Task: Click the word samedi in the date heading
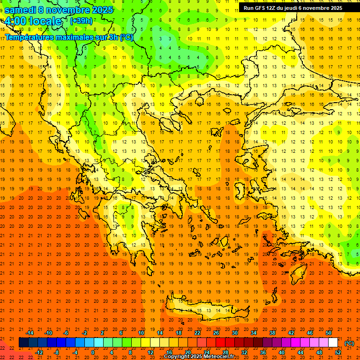(x=21, y=10)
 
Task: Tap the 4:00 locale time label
(x=33, y=21)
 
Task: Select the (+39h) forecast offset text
(x=81, y=21)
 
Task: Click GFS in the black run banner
(x=259, y=8)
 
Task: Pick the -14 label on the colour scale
(x=30, y=333)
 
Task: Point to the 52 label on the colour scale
(x=338, y=352)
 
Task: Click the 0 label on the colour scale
(x=93, y=352)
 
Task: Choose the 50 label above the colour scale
(x=329, y=333)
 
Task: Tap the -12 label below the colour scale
(x=39, y=352)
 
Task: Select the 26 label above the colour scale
(x=216, y=333)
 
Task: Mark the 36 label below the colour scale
(x=263, y=352)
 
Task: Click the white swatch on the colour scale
(x=333, y=343)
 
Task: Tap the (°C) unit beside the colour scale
(x=349, y=343)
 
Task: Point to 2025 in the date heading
(x=102, y=10)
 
